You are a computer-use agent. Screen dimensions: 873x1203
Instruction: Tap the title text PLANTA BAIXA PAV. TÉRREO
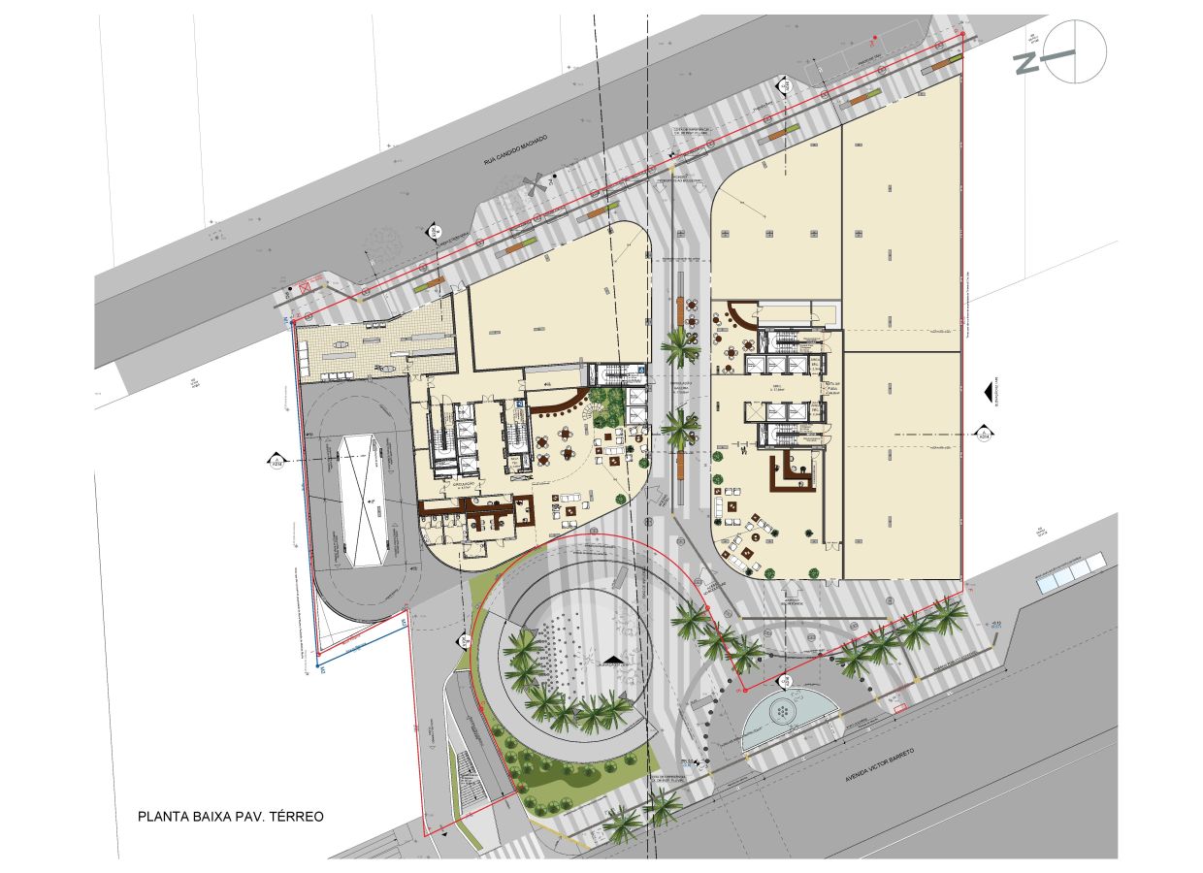(231, 817)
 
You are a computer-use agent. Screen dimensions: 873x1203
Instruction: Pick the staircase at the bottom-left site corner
(468, 776)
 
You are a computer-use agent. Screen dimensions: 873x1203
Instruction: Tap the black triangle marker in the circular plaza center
(612, 662)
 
